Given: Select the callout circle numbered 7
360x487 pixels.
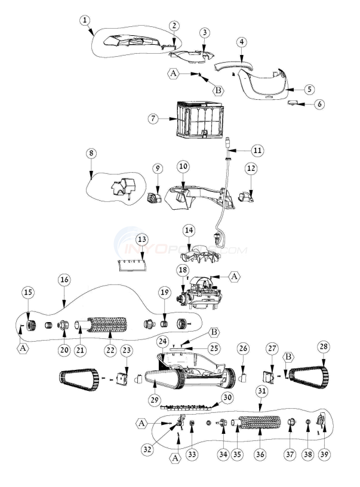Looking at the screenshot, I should tap(154, 118).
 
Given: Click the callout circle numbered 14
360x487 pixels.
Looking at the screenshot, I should tap(189, 229).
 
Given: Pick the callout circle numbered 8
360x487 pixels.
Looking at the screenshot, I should tap(91, 153).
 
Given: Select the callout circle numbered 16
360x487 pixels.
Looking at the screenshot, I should tap(64, 278).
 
